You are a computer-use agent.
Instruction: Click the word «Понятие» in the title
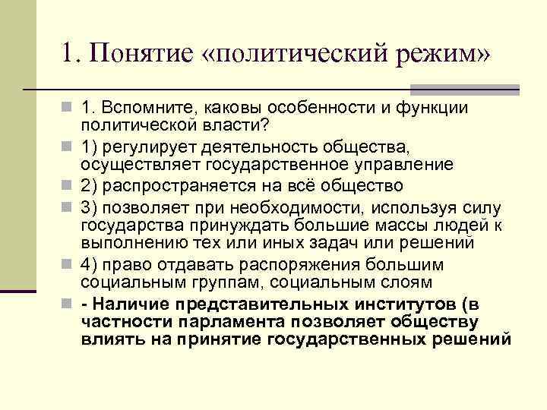tap(141, 54)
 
